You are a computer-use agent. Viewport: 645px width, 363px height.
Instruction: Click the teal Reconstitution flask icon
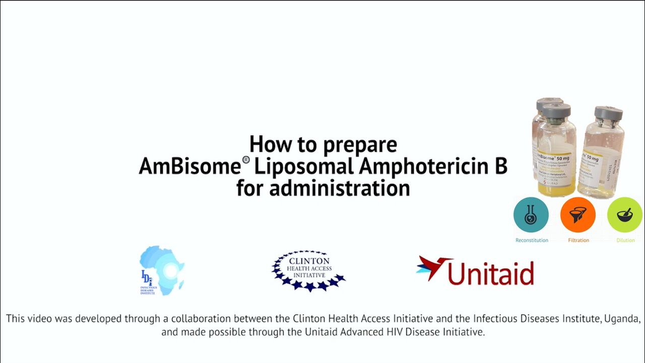pyautogui.click(x=531, y=215)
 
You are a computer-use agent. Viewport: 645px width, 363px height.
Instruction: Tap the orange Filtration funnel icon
pyautogui.click(x=578, y=215)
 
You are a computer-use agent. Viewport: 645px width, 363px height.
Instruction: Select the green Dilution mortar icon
pyautogui.click(x=625, y=215)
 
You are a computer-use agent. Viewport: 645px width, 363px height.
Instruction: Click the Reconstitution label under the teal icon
pyautogui.click(x=532, y=240)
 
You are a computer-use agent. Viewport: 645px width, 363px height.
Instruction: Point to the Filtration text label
pyautogui.click(x=578, y=240)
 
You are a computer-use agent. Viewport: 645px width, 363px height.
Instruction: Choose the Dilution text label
pyautogui.click(x=625, y=240)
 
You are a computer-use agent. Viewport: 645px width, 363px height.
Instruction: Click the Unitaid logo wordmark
pyautogui.click(x=490, y=273)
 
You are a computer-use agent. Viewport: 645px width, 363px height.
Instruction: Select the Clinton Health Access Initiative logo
pyautogui.click(x=308, y=271)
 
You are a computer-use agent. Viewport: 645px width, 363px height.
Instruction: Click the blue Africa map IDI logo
pyautogui.click(x=162, y=270)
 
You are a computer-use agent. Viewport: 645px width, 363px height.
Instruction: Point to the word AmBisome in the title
pyautogui.click(x=190, y=166)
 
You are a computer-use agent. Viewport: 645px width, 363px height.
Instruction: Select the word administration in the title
pyautogui.click(x=339, y=189)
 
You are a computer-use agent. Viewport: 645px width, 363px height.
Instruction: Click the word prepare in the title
pyautogui.click(x=360, y=145)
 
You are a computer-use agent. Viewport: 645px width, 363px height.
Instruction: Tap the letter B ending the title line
pyautogui.click(x=500, y=166)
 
